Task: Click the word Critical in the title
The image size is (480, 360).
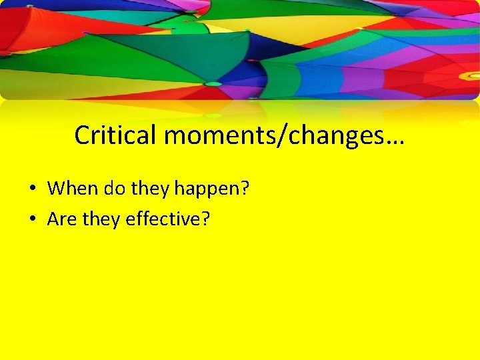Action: [x=116, y=135]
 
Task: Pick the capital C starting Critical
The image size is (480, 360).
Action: [x=83, y=135]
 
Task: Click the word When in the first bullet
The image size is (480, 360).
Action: [x=73, y=189]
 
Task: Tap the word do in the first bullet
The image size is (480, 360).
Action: [x=115, y=189]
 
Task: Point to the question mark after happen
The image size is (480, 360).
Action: [x=245, y=189]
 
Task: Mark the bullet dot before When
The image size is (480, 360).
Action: [x=32, y=189]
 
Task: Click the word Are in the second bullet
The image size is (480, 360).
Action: [x=62, y=219]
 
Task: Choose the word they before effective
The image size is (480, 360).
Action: [x=101, y=219]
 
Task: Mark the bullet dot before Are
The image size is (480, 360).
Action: [x=32, y=219]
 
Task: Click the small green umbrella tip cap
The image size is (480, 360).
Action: [x=213, y=84]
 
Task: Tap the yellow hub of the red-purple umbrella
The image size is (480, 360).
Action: [x=469, y=76]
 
